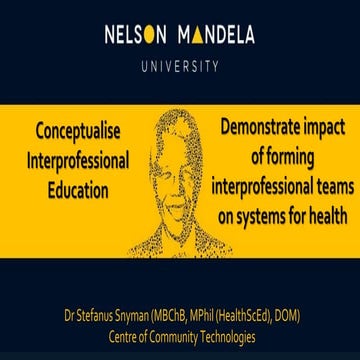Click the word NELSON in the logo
click(135, 36)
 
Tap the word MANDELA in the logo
click(215, 36)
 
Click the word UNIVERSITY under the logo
click(180, 68)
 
